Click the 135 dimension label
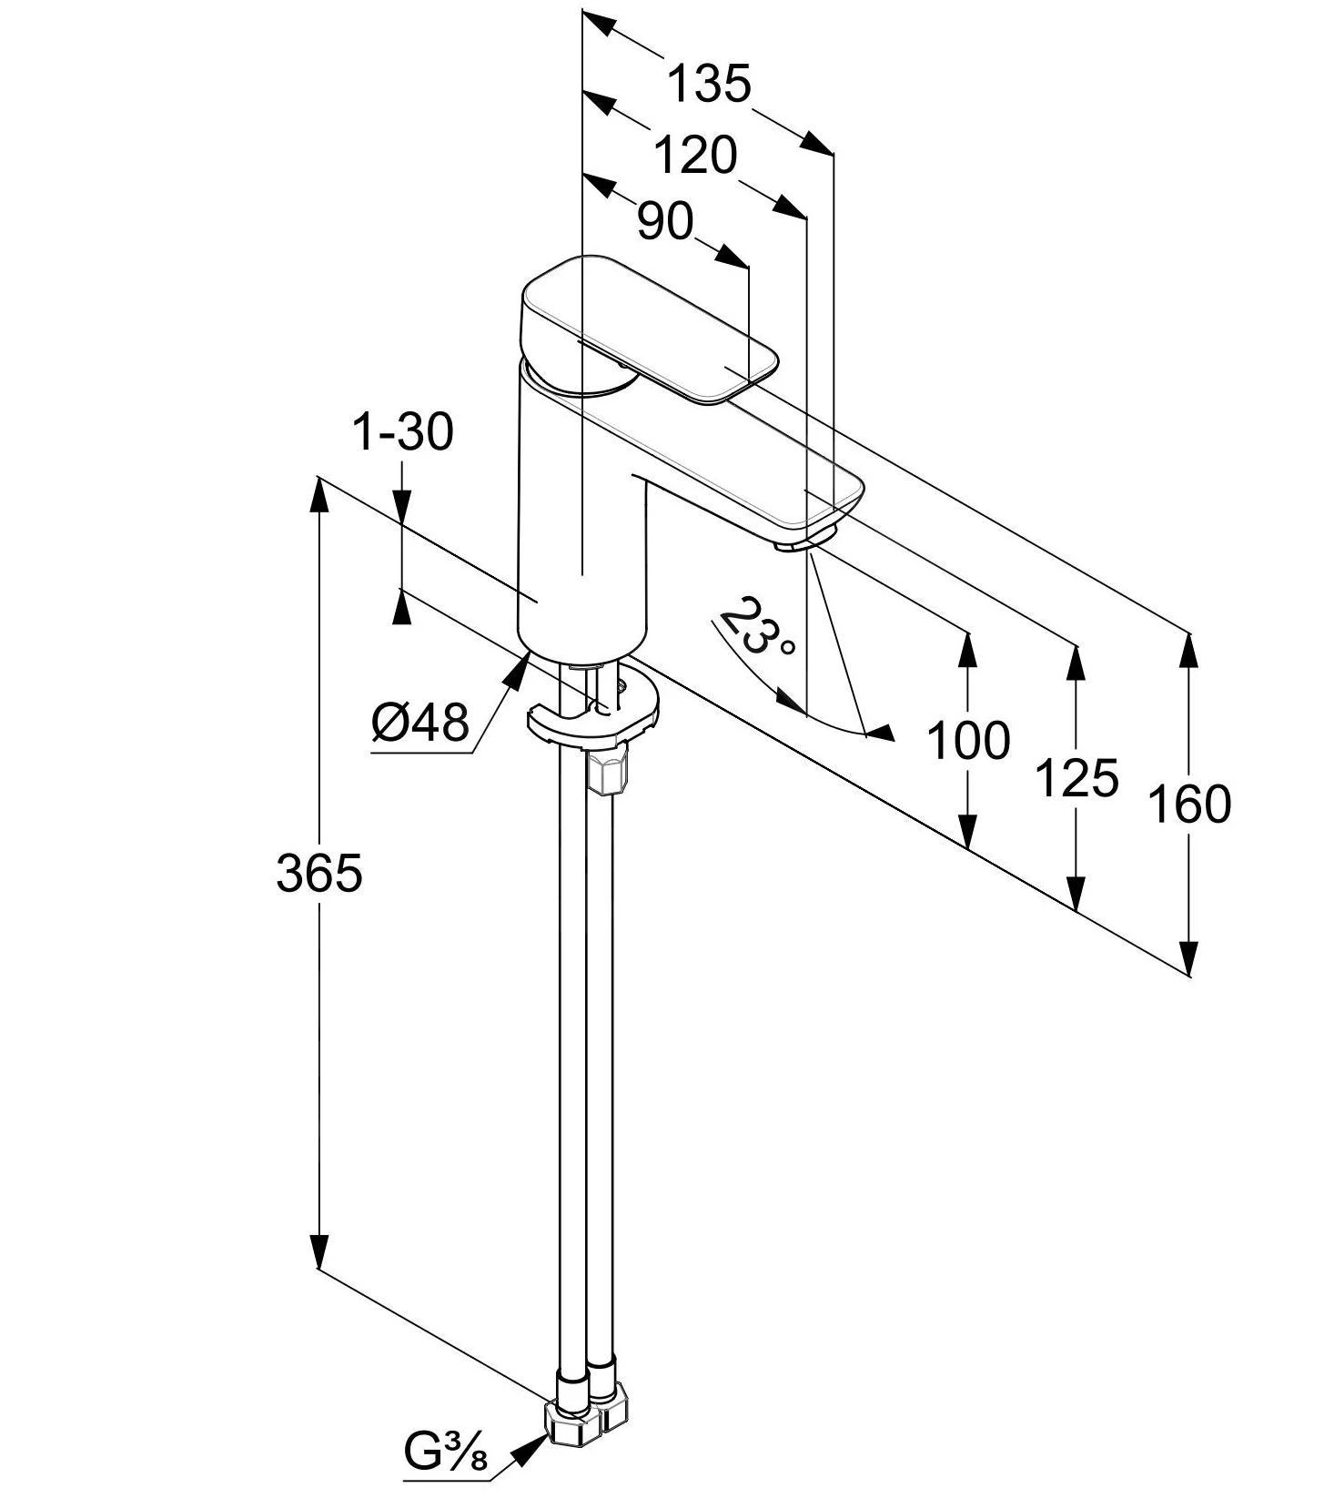[x=710, y=83]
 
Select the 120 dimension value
[x=696, y=156]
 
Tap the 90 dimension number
[x=665, y=221]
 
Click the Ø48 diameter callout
[x=420, y=724]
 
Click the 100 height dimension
[x=968, y=740]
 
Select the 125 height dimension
[x=1076, y=778]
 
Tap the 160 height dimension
[x=1188, y=804]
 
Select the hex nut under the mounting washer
[x=607, y=773]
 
